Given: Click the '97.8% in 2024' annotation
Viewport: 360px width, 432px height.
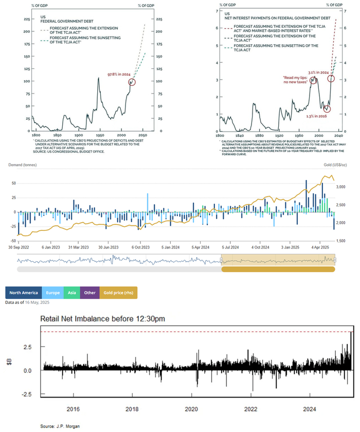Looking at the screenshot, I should [x=119, y=75].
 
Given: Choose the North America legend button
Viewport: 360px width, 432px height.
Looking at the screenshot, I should [x=24, y=293].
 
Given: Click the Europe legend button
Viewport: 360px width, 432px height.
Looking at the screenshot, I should [x=53, y=293].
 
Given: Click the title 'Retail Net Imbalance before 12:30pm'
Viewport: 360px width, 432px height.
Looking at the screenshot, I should [x=103, y=319].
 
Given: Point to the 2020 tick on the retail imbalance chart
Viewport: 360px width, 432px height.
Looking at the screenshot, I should [x=191, y=409].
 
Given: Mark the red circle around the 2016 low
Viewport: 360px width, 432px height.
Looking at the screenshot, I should [x=328, y=109].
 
